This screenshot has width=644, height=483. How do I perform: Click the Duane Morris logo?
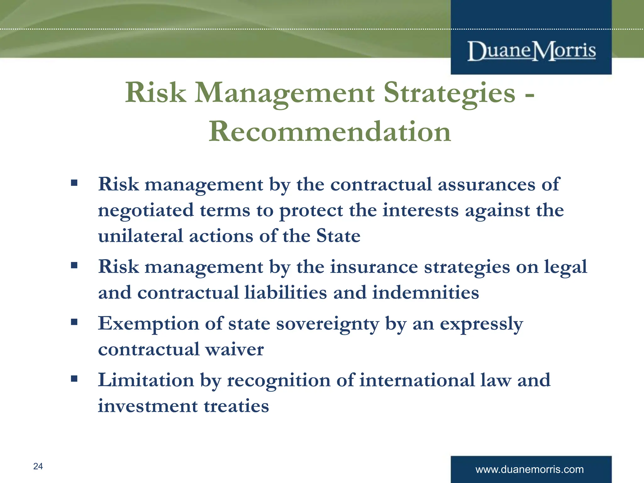coord(531,51)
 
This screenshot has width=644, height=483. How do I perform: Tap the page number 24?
coord(38,466)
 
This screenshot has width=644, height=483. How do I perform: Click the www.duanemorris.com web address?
coord(530,469)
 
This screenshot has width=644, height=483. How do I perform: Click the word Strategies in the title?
coord(449,93)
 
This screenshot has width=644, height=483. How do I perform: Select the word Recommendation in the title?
coord(330,132)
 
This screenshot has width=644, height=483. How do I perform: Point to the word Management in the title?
coord(284,93)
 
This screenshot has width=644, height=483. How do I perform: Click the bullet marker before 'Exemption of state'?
coord(74,322)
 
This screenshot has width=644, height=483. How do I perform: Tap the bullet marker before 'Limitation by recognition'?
coord(74,378)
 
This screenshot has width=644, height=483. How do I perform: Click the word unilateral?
coord(140,236)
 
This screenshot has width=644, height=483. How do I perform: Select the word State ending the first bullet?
coord(338,236)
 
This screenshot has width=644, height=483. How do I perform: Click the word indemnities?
coord(425,293)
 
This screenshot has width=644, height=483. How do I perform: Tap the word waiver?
coord(234,349)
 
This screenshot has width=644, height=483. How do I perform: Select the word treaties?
coord(236,406)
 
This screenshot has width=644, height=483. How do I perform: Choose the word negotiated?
coord(146,211)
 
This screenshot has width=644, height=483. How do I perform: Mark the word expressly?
coord(481,324)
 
